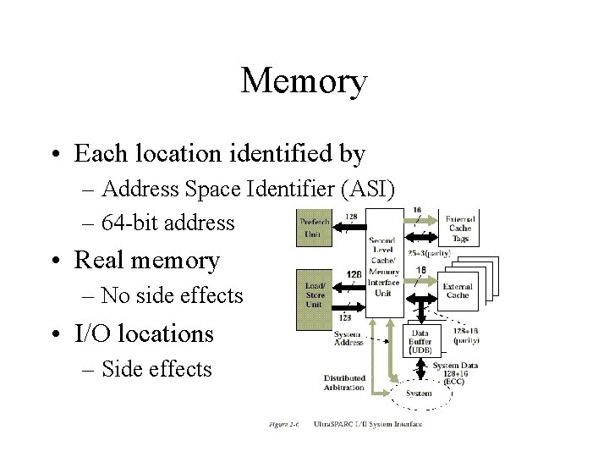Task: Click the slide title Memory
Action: pos(304,81)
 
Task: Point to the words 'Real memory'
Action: pos(147,261)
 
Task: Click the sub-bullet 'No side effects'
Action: pos(172,296)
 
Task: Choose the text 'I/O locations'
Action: pos(145,333)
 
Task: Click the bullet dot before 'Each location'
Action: pos(55,155)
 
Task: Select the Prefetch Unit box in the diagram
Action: pos(316,228)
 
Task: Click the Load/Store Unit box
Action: pos(315,297)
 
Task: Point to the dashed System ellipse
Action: pos(418,394)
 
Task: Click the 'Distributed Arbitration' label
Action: pos(344,383)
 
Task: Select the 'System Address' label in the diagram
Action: pos(348,339)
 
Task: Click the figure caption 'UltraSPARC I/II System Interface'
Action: pos(367,424)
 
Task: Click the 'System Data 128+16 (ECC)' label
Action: pos(455,373)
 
